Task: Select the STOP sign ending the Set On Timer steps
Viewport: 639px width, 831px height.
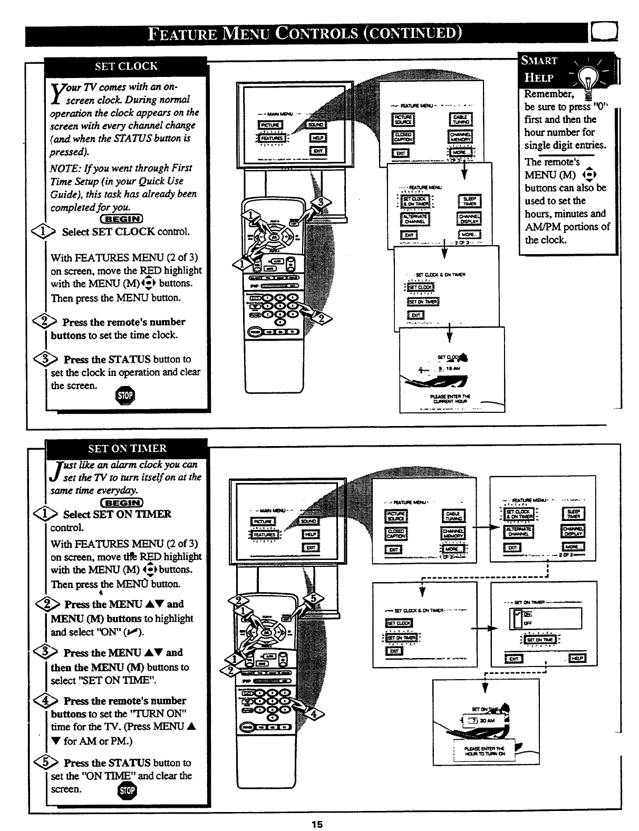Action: click(x=128, y=791)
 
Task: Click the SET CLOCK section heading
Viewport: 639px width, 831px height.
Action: click(x=126, y=66)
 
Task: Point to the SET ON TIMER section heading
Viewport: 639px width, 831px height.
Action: click(x=127, y=449)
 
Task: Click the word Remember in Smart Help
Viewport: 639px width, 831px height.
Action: click(x=548, y=94)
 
